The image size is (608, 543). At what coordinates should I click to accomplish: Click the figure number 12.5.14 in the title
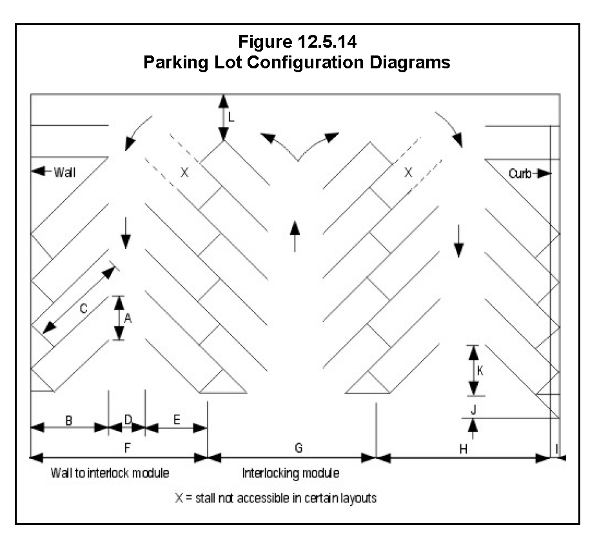pos(326,43)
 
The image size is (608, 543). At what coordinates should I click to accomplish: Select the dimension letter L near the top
pos(231,117)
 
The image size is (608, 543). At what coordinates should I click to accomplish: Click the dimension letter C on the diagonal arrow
pos(83,308)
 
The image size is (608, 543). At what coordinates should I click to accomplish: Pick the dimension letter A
pos(128,317)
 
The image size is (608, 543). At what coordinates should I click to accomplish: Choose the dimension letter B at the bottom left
pos(68,420)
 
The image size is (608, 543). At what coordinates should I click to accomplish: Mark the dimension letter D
pos(128,420)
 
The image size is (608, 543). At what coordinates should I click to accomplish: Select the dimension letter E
pos(177,420)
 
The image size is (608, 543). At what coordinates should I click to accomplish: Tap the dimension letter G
pos(298,447)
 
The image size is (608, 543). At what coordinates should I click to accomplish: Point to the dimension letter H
pos(463,448)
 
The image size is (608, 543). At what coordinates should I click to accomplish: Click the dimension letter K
pos(480,371)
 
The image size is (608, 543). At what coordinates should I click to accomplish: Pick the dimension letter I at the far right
pos(558,448)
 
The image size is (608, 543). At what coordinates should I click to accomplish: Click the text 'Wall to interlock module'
pos(110,473)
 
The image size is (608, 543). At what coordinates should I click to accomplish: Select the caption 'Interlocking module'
pos(291,473)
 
